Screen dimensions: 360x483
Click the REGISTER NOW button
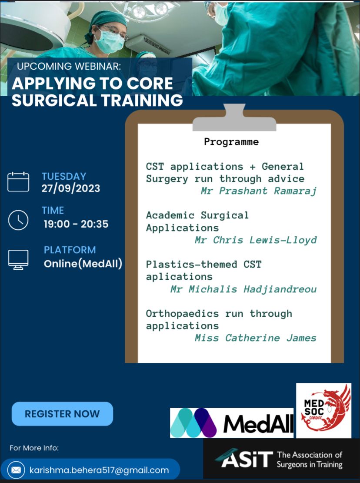(x=62, y=414)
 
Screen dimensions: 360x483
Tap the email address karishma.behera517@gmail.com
(x=99, y=470)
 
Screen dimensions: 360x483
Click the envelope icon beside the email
(x=16, y=470)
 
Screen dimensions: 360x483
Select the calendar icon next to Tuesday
(x=18, y=182)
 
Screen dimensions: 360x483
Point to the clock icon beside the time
(x=18, y=220)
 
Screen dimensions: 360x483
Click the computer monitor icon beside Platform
(x=18, y=260)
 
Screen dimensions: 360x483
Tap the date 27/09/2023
(x=71, y=188)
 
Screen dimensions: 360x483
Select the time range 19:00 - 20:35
(x=76, y=224)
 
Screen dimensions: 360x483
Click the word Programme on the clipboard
(x=231, y=142)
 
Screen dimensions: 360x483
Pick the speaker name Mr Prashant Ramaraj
(x=258, y=191)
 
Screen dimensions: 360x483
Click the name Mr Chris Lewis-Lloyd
(x=256, y=240)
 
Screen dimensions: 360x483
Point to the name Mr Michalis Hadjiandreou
(x=243, y=289)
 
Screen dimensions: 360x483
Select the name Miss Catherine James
(x=255, y=338)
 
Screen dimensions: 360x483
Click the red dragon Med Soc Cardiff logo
(x=323, y=410)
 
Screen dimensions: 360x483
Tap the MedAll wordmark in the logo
(x=258, y=424)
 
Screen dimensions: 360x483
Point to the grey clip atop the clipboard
(x=234, y=118)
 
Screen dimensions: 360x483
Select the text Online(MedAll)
(x=83, y=264)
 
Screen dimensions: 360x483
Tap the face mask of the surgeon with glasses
(x=109, y=42)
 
